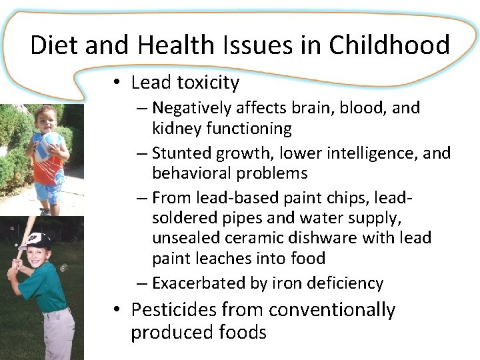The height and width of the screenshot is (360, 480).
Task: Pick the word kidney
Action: (x=175, y=128)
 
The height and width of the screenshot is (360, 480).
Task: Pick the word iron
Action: (x=282, y=283)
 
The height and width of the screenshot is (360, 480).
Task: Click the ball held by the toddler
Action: (x=50, y=143)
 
